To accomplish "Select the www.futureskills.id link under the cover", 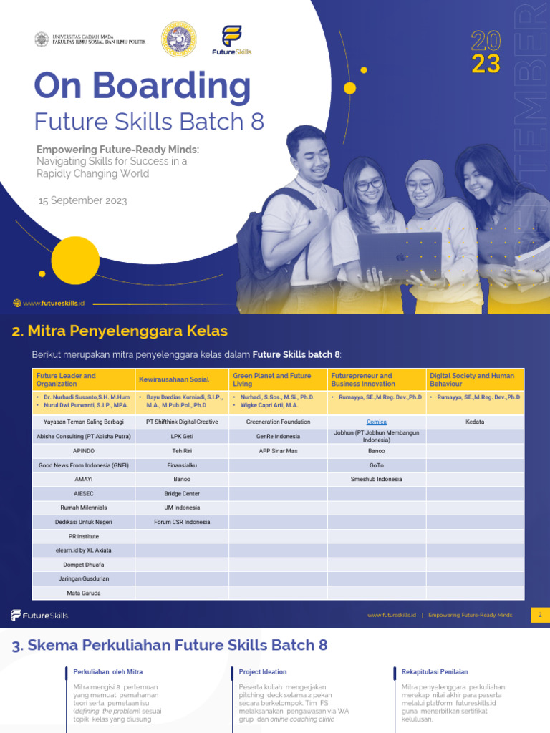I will pyautogui.click(x=54, y=304).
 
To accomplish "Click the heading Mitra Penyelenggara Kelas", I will pyautogui.click(x=120, y=331).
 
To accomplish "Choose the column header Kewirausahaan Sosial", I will pyautogui.click(x=178, y=379).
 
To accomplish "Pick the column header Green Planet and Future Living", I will pyautogui.click(x=272, y=379).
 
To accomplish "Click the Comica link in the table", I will pyautogui.click(x=376, y=422).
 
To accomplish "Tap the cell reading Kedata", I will pyautogui.click(x=474, y=422).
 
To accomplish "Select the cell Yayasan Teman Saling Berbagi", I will pyautogui.click(x=84, y=422).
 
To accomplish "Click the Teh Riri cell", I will pyautogui.click(x=182, y=451).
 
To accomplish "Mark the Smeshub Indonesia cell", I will pyautogui.click(x=376, y=480).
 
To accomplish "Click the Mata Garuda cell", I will pyautogui.click(x=84, y=593).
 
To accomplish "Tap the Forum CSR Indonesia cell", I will pyautogui.click(x=182, y=522).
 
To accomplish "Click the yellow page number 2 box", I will pyautogui.click(x=540, y=615).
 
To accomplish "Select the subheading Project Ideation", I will pyautogui.click(x=263, y=672).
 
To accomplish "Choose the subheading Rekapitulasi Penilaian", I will pyautogui.click(x=435, y=672).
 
